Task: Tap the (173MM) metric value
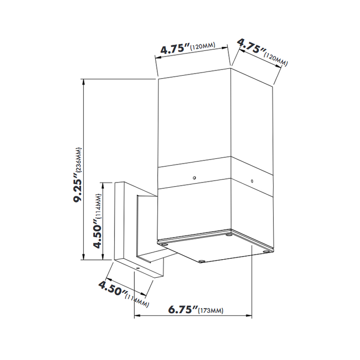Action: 211,310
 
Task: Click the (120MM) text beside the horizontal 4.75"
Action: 202,47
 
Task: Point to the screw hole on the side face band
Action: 252,181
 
